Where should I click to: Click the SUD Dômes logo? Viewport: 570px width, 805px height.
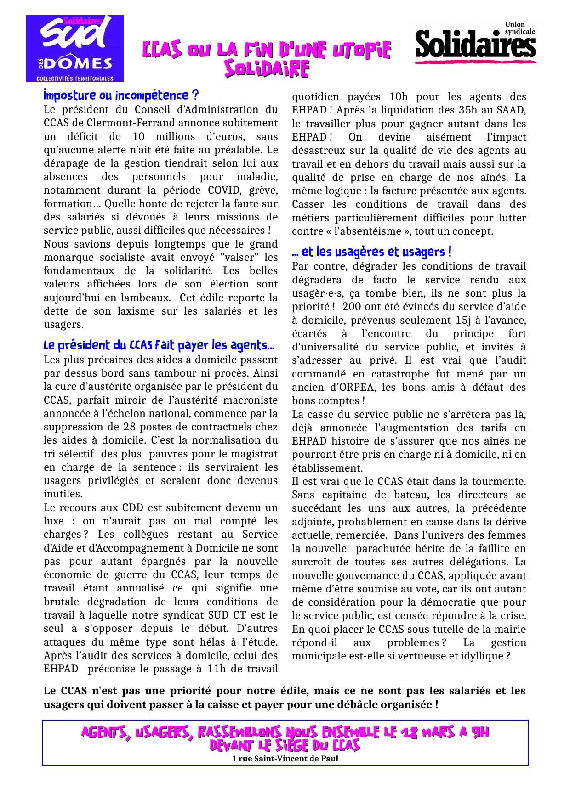point(74,48)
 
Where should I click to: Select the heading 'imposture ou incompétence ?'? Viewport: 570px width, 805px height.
point(121,96)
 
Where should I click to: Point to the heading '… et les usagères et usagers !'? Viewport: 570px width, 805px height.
point(371,252)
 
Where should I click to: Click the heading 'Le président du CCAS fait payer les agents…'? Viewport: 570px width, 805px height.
point(159,345)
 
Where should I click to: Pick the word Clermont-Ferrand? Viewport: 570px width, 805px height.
point(141,123)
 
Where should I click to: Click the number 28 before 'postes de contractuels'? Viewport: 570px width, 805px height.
point(130,427)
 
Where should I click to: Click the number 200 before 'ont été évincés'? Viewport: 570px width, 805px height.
point(352,307)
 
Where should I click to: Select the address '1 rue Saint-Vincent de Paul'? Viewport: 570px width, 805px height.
point(285,758)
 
